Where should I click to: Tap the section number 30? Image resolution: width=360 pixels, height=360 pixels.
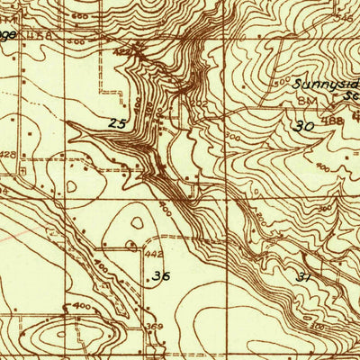[x=305, y=128]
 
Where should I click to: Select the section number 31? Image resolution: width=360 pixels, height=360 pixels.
[x=306, y=278]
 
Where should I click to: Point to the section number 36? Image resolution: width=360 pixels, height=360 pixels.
[x=161, y=275]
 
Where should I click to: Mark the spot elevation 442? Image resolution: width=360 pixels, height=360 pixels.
[x=154, y=255]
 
